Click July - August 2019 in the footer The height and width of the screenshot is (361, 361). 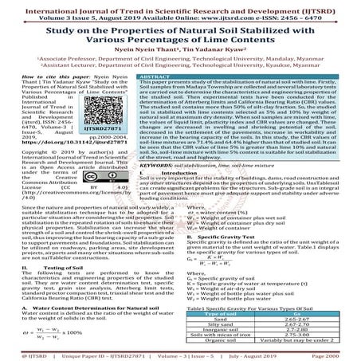(268, 355)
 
